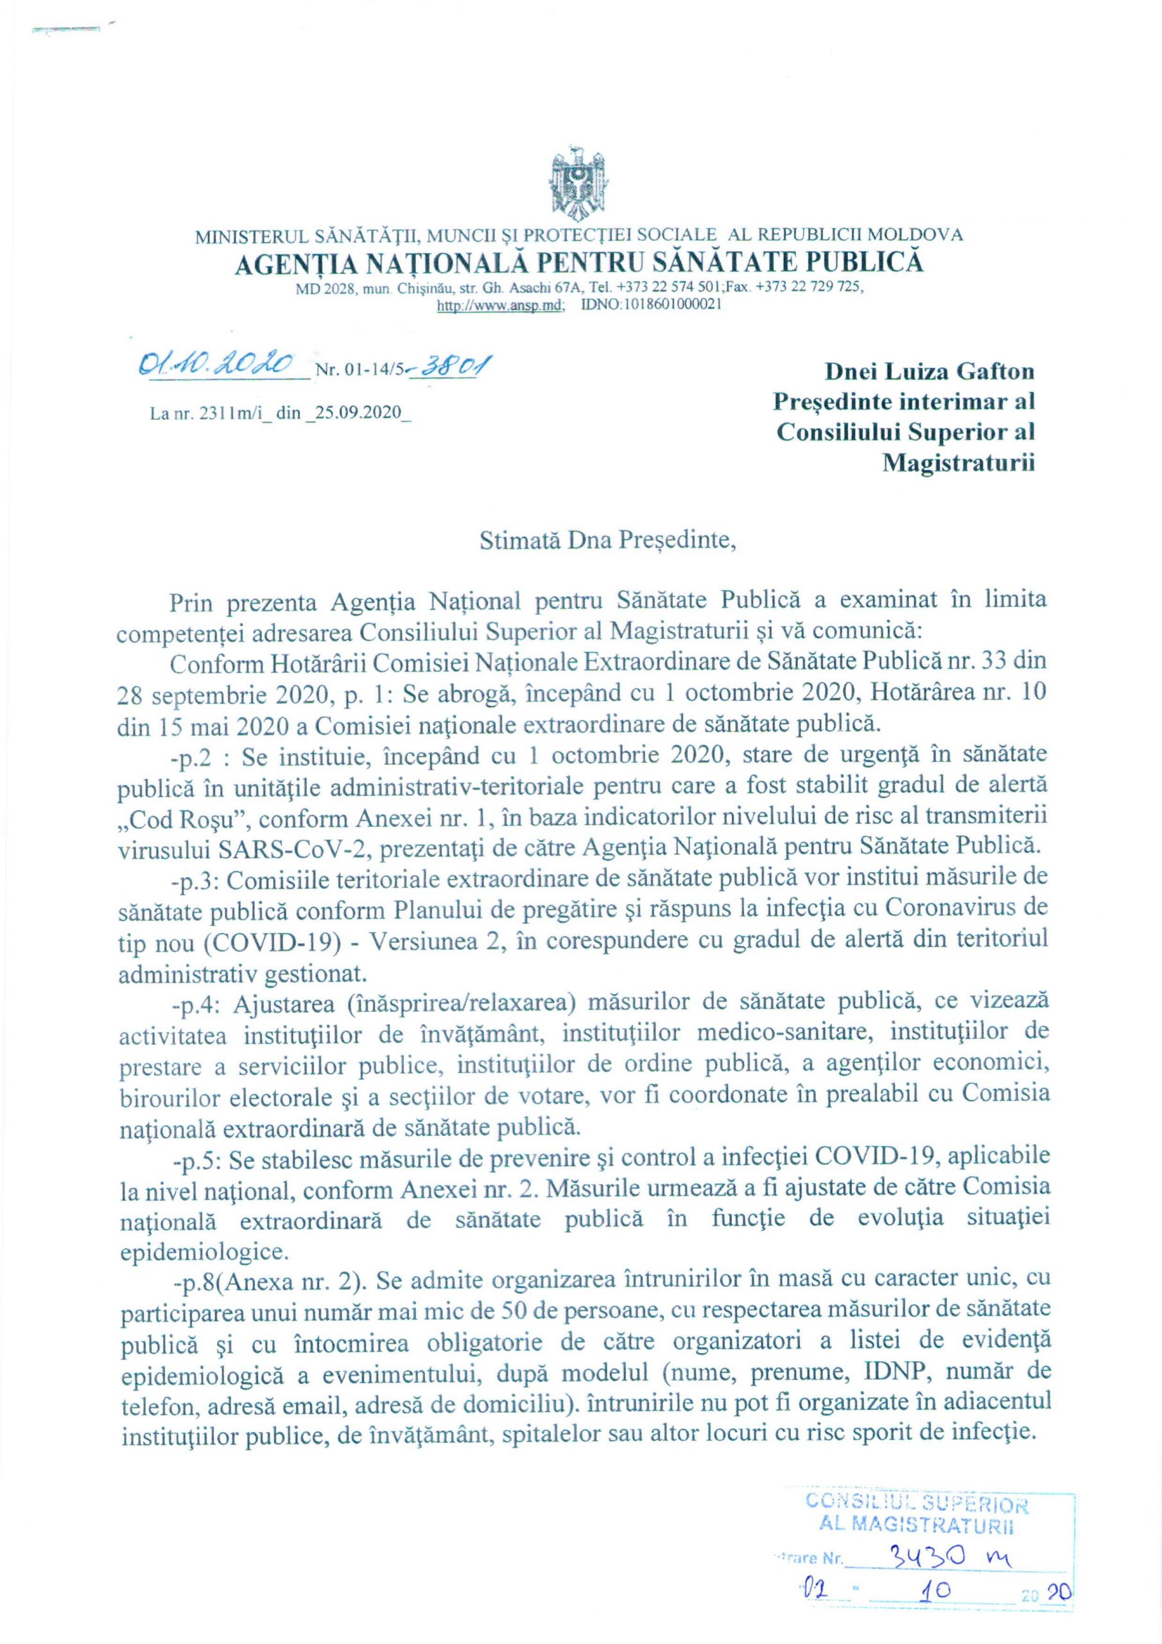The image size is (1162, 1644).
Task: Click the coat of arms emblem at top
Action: click(x=578, y=185)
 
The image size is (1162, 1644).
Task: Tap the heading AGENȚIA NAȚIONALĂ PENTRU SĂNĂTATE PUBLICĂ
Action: click(x=579, y=263)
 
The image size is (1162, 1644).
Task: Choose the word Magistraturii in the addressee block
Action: click(x=958, y=463)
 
